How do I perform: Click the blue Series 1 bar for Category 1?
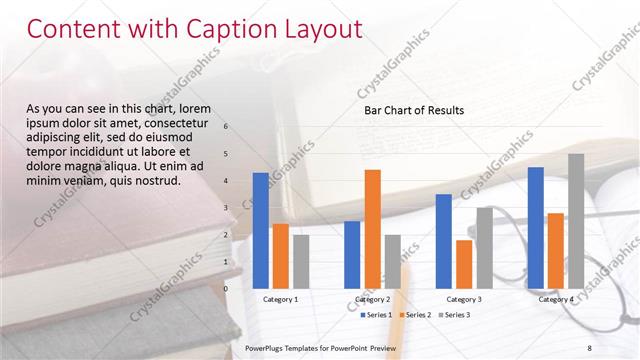pyautogui.click(x=261, y=230)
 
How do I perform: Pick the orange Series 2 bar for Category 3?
pyautogui.click(x=464, y=263)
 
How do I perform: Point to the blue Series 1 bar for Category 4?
pyautogui.click(x=536, y=227)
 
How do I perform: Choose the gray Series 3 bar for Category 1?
pyautogui.click(x=301, y=261)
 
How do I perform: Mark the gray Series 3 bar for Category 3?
pyautogui.click(x=484, y=247)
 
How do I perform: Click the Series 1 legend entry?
pyautogui.click(x=375, y=315)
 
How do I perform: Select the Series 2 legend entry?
pyautogui.click(x=415, y=315)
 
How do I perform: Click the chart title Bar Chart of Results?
pyautogui.click(x=414, y=111)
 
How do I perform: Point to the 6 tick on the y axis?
pyautogui.click(x=227, y=127)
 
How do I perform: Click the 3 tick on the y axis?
pyautogui.click(x=227, y=208)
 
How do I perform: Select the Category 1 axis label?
pyautogui.click(x=281, y=299)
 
